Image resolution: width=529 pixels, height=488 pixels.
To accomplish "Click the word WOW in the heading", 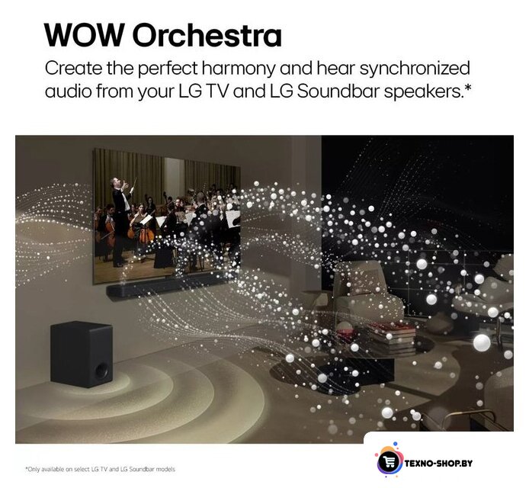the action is click(85, 35).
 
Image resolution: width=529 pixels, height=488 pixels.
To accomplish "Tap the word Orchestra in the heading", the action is click(207, 35).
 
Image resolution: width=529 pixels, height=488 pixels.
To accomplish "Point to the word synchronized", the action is click(415, 69).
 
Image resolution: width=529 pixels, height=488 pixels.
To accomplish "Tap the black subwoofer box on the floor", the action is click(82, 355).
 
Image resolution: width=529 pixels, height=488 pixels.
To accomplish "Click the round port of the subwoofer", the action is click(101, 371).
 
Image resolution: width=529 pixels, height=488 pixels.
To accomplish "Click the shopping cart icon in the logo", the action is click(388, 462).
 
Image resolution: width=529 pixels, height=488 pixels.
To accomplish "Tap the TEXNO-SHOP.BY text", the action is click(438, 463).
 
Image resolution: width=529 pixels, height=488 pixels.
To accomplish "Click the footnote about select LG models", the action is click(100, 469).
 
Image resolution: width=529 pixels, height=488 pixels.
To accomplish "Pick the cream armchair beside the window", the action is click(367, 291).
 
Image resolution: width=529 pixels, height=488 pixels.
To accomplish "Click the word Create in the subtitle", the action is click(73, 68).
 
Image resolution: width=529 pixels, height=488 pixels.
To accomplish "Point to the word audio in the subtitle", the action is click(68, 91).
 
